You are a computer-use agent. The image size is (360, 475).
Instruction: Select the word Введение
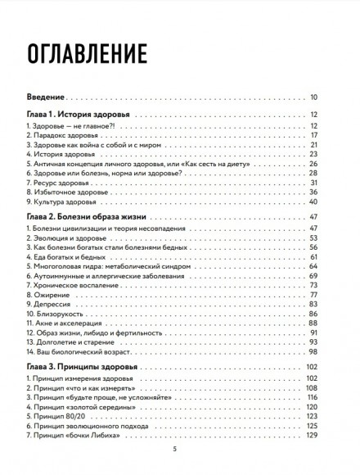pos(46,98)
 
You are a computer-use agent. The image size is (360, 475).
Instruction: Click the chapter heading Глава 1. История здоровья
pos(80,115)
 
